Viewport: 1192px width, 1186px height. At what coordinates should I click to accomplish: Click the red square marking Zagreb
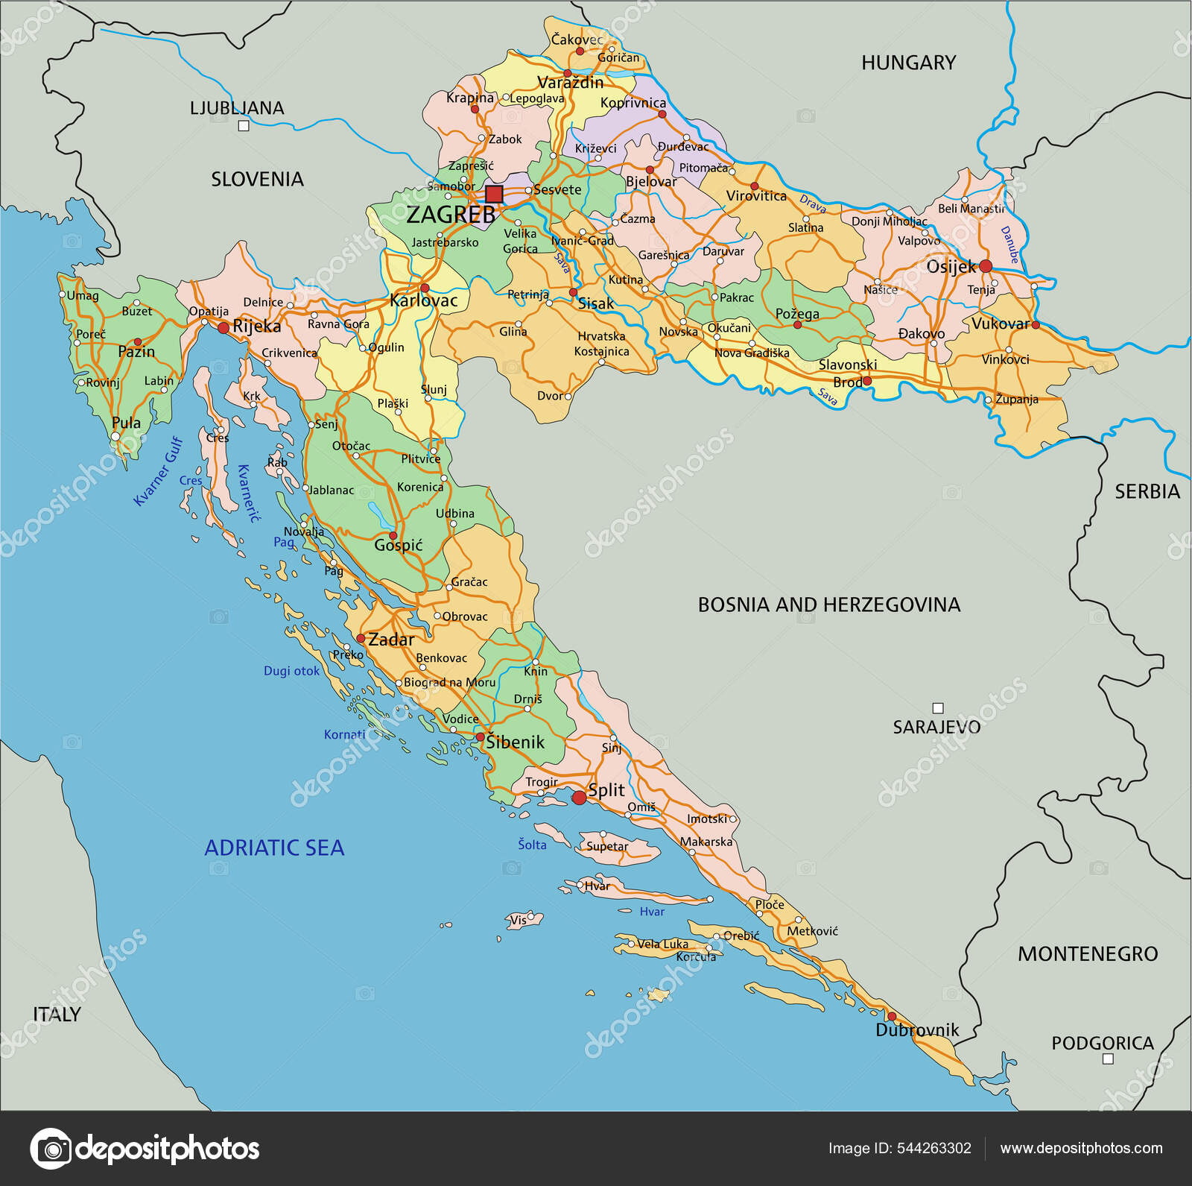[494, 195]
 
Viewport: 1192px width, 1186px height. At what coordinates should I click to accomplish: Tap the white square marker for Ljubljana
[243, 126]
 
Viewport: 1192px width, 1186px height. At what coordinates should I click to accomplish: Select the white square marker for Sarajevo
[938, 708]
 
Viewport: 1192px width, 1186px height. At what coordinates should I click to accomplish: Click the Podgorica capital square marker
[1107, 1059]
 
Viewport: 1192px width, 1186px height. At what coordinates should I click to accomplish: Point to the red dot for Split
[579, 798]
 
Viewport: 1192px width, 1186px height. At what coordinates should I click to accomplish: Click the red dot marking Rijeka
[223, 327]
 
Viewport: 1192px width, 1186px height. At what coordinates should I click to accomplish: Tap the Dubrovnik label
[916, 1030]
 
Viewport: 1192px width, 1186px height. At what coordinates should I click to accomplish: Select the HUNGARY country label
[908, 63]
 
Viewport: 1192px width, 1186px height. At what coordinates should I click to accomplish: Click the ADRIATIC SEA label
[274, 848]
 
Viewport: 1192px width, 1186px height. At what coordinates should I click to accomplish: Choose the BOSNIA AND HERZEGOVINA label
[828, 605]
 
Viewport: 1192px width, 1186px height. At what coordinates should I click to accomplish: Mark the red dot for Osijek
[986, 266]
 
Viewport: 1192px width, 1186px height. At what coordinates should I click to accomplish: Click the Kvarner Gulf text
[158, 471]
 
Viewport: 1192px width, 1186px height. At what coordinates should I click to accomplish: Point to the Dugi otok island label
[291, 671]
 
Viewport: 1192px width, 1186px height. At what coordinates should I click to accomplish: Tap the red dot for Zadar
[361, 639]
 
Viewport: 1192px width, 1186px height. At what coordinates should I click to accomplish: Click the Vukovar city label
[1000, 324]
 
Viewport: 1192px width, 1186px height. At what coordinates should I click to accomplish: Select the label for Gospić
[398, 546]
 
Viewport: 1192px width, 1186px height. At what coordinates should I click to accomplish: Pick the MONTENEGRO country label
[1087, 953]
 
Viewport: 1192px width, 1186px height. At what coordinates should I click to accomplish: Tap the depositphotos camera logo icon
[51, 1149]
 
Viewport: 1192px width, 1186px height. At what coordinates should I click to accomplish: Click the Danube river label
[1009, 245]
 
